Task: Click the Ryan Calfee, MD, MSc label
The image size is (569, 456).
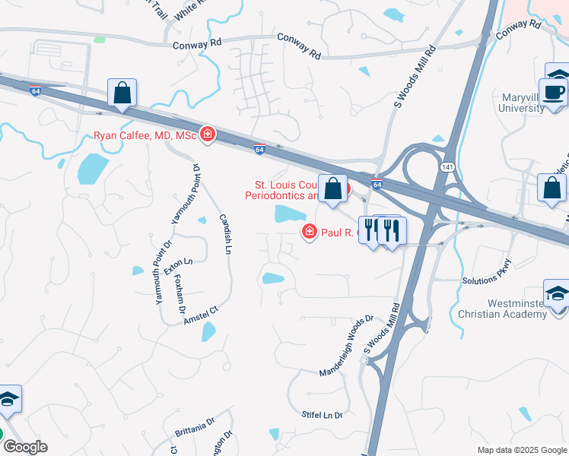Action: pos(145,136)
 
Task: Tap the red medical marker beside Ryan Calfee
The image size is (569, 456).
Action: pos(207,136)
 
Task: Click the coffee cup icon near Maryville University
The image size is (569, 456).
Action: pos(557,93)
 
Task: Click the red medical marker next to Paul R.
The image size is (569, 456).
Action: pos(310,232)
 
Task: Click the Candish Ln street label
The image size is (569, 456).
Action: pos(226,232)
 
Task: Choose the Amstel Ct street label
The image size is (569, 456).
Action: pos(201,316)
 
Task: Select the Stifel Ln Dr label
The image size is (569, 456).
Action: pos(323,415)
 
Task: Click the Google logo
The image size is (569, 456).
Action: pos(25,448)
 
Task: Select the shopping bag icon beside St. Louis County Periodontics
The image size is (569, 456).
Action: pos(333,188)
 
